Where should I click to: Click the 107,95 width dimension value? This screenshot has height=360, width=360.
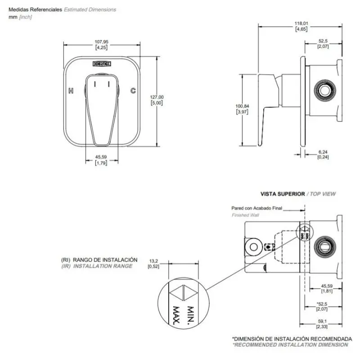102,42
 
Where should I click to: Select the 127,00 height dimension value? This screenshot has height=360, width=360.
157,97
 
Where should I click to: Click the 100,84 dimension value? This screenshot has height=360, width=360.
242,106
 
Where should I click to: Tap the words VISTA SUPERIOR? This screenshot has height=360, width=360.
283,194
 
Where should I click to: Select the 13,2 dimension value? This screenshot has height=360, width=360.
154,261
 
